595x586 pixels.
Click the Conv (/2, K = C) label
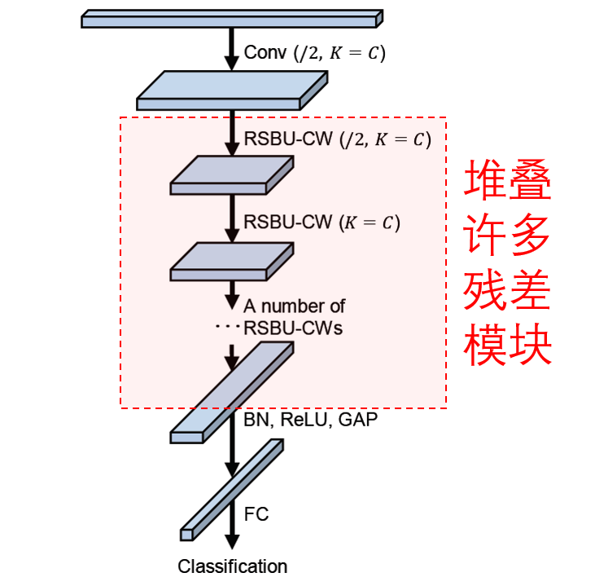(x=314, y=54)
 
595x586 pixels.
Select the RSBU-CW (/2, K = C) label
(x=337, y=139)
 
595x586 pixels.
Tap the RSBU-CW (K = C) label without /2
(x=322, y=223)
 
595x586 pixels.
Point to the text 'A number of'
(x=294, y=306)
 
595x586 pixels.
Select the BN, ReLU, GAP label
(x=311, y=420)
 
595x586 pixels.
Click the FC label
(x=256, y=514)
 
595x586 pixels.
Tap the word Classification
(x=233, y=566)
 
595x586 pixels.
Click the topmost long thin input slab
(x=232, y=18)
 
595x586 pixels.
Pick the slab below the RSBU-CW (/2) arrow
(x=231, y=175)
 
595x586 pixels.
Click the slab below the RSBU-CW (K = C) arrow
(x=231, y=261)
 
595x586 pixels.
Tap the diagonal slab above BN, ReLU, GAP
(x=232, y=392)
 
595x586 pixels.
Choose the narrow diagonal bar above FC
(x=233, y=489)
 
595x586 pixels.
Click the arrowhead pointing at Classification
(x=233, y=542)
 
